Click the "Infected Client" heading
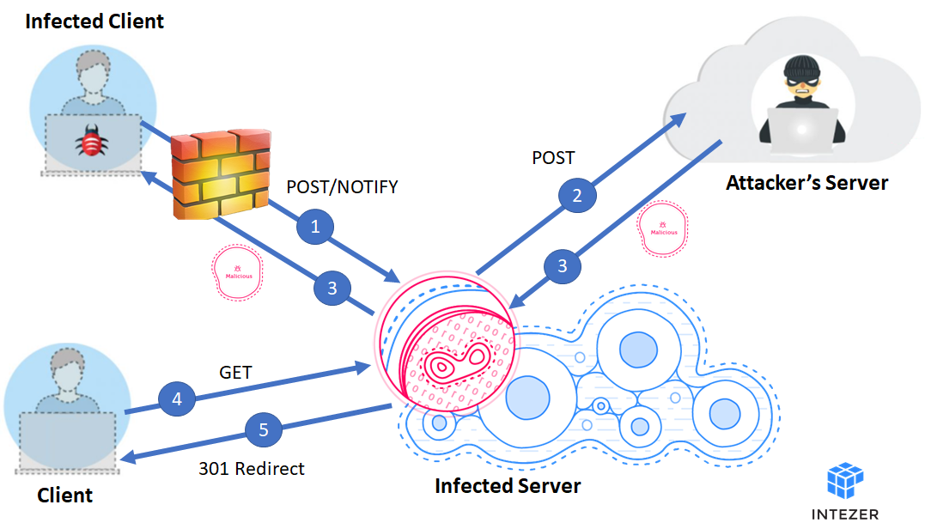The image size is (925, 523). (x=94, y=21)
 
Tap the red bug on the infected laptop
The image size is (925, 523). (x=91, y=141)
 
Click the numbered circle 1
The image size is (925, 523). (x=315, y=227)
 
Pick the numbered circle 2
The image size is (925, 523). (x=577, y=195)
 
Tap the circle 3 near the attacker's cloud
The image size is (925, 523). (x=563, y=266)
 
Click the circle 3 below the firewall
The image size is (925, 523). (x=332, y=288)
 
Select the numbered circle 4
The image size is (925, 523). (x=177, y=399)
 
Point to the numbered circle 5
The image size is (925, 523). (x=263, y=430)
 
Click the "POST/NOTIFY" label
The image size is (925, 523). (x=342, y=187)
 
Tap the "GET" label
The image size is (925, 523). (x=235, y=373)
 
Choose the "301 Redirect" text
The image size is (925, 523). (x=252, y=469)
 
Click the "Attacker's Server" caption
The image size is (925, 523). (x=806, y=183)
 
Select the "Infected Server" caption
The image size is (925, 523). (x=508, y=486)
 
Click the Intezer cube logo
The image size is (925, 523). (x=845, y=480)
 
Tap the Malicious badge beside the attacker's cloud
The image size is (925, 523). (x=663, y=228)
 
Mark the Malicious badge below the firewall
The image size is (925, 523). (x=238, y=273)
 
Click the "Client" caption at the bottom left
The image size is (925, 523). (x=65, y=496)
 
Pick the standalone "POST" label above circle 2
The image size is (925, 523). (x=553, y=158)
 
